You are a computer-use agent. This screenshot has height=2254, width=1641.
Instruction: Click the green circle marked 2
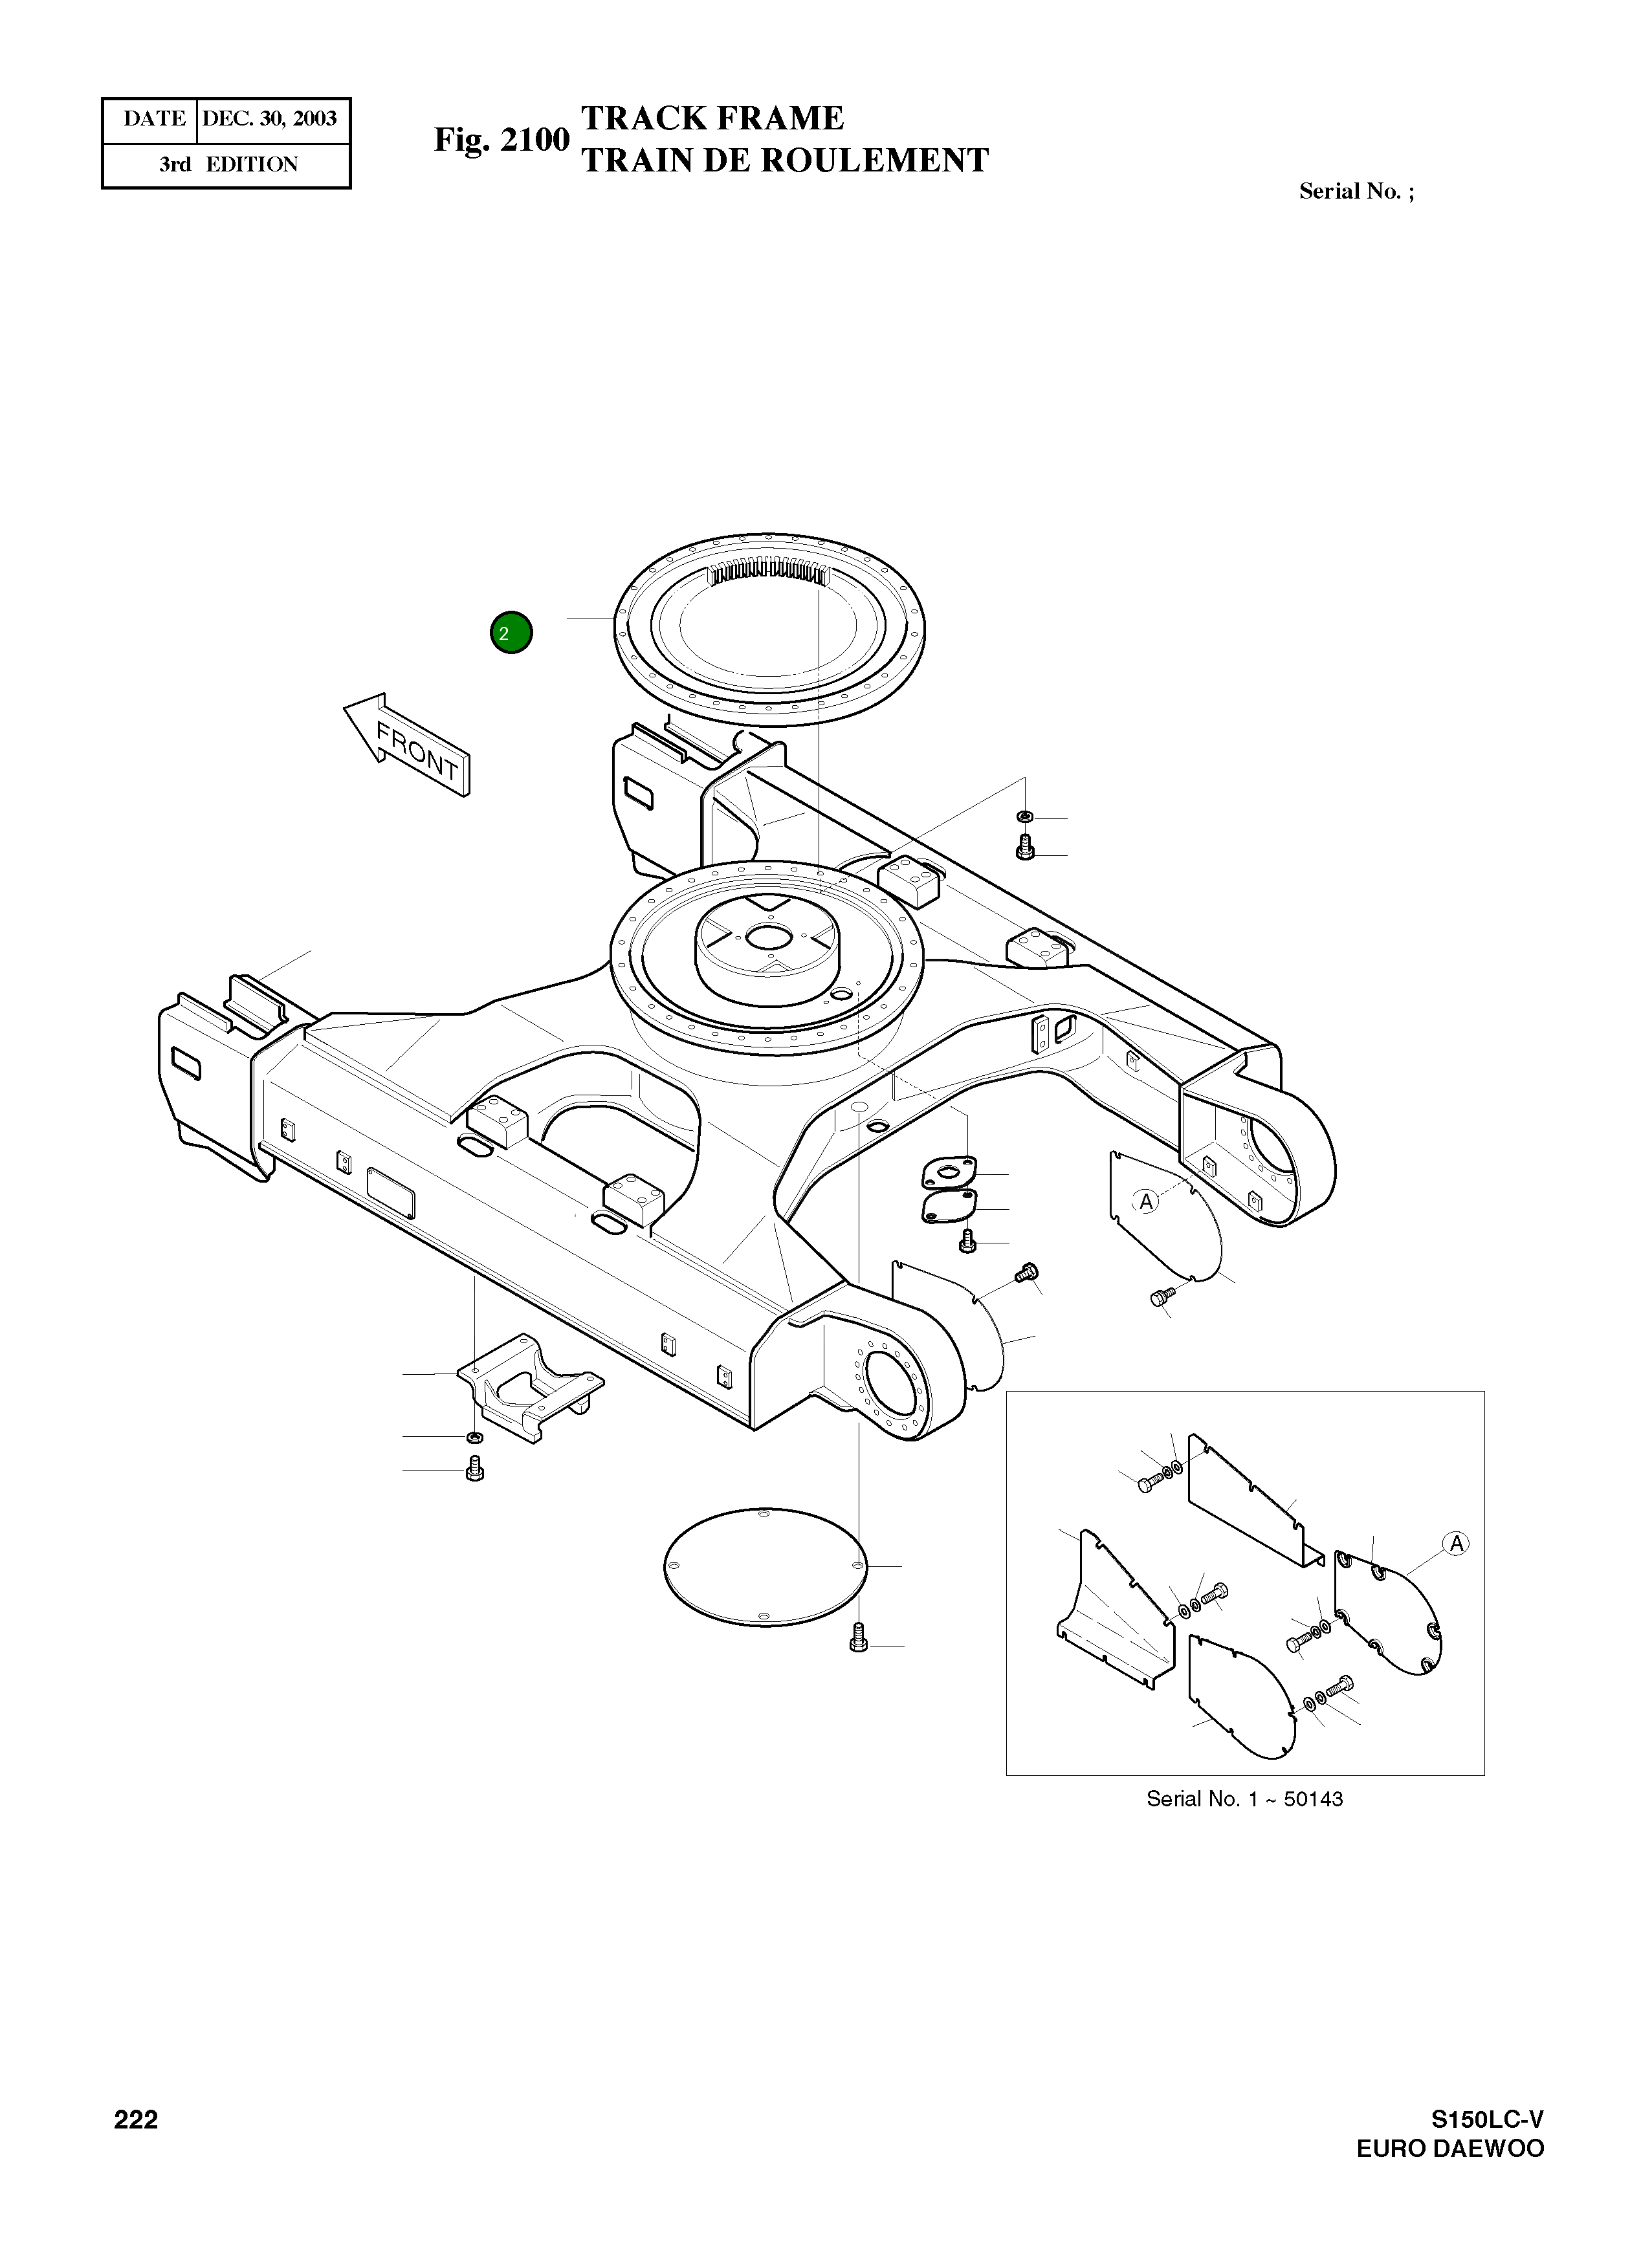(511, 632)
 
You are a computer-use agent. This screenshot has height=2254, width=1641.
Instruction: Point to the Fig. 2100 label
(501, 140)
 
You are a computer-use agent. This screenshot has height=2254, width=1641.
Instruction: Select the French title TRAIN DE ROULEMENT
(784, 160)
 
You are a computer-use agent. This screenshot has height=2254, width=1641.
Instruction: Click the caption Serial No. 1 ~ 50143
(1244, 1799)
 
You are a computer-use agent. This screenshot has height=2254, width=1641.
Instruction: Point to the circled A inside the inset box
(1456, 1544)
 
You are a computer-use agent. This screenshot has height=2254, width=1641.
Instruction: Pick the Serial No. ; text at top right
(1356, 191)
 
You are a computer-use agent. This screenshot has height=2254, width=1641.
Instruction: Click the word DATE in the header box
(154, 119)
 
